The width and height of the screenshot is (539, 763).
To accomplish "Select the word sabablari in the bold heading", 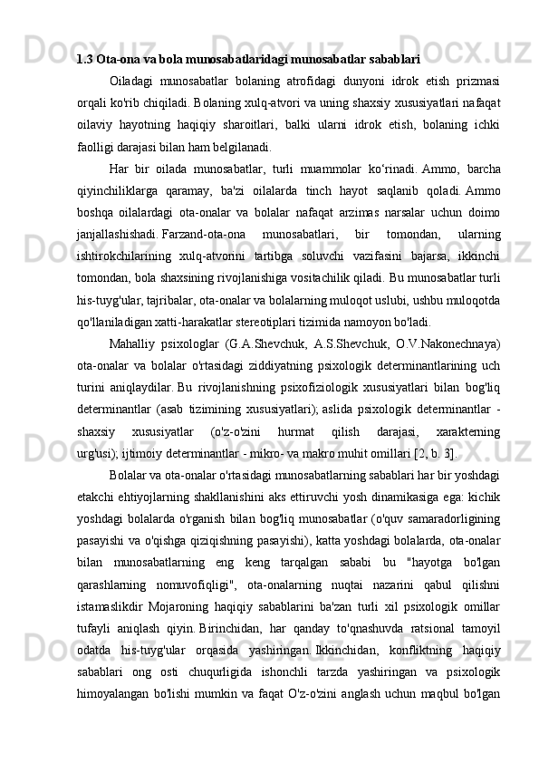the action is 395,61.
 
